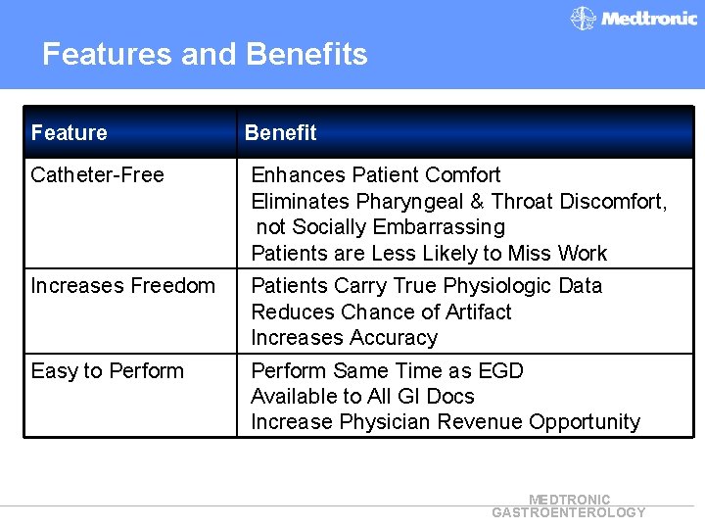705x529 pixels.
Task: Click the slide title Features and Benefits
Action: (205, 53)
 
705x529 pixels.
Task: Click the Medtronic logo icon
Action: (584, 19)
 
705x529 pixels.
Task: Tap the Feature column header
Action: (70, 133)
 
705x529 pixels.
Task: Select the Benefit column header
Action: (280, 133)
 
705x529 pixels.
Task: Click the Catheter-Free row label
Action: (98, 175)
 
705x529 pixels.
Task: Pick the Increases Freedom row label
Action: (123, 286)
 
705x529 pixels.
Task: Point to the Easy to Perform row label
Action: (108, 371)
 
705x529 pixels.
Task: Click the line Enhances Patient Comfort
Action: (376, 175)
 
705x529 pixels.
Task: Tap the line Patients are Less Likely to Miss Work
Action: (429, 254)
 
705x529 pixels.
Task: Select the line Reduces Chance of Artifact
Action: (381, 313)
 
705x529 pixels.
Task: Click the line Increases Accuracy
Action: (344, 338)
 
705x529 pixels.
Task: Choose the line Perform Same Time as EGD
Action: (387, 371)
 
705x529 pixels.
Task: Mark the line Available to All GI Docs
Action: (362, 397)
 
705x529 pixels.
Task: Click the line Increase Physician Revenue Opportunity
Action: (446, 422)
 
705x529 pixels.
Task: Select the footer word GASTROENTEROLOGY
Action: (569, 512)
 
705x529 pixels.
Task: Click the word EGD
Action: (500, 371)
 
